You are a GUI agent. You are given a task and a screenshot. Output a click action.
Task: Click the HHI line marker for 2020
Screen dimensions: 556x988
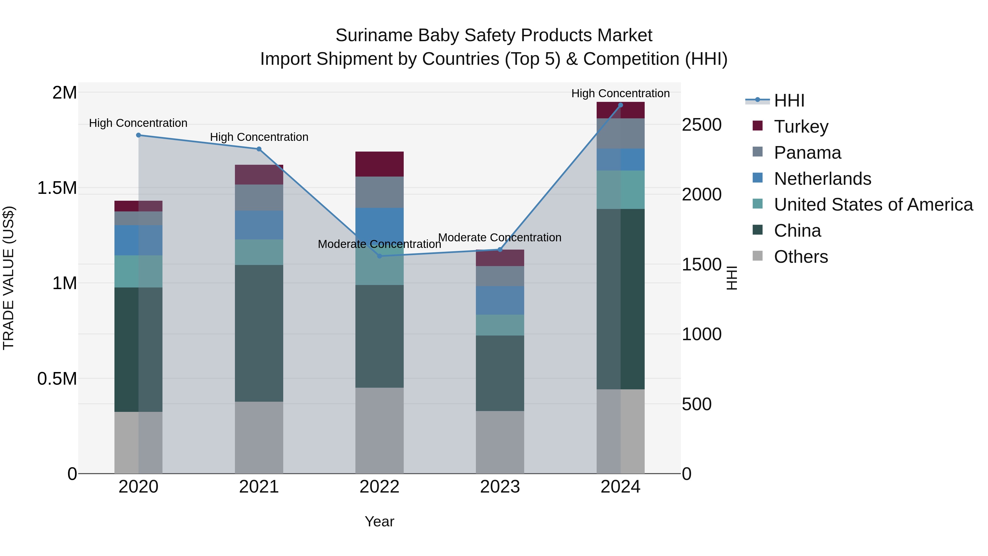tap(139, 135)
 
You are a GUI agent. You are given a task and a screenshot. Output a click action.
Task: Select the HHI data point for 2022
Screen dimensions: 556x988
tap(379, 256)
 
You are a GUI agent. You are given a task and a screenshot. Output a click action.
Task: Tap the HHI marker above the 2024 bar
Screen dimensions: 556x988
tap(620, 105)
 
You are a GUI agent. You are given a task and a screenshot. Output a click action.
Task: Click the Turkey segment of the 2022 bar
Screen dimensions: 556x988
tap(379, 164)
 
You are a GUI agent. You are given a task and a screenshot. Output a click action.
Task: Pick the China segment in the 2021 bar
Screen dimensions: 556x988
tap(259, 333)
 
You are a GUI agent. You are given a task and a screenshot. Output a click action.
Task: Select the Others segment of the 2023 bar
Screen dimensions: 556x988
tap(500, 442)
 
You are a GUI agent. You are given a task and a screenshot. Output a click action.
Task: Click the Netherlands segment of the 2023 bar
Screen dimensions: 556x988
tap(500, 300)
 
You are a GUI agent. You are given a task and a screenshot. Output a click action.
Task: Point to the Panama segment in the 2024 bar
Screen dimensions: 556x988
tap(620, 133)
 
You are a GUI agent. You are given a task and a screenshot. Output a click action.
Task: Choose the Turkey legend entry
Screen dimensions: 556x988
tap(801, 127)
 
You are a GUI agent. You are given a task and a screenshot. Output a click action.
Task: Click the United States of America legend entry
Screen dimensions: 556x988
tap(873, 205)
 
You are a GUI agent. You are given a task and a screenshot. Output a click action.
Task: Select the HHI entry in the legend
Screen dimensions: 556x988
tap(788, 100)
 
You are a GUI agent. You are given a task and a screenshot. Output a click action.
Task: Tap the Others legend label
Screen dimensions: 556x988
tap(801, 257)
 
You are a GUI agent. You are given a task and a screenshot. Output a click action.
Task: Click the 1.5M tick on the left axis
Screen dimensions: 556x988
tap(57, 188)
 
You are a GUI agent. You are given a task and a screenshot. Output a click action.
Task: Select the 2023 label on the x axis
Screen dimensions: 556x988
tap(500, 487)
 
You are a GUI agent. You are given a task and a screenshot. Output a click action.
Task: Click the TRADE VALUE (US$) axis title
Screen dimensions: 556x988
tap(9, 278)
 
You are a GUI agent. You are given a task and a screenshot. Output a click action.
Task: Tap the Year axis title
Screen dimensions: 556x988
tap(379, 521)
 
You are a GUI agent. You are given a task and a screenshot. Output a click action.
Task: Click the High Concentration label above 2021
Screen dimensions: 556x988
tap(259, 137)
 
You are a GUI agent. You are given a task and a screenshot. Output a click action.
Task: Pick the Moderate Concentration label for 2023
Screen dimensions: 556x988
tap(500, 238)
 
